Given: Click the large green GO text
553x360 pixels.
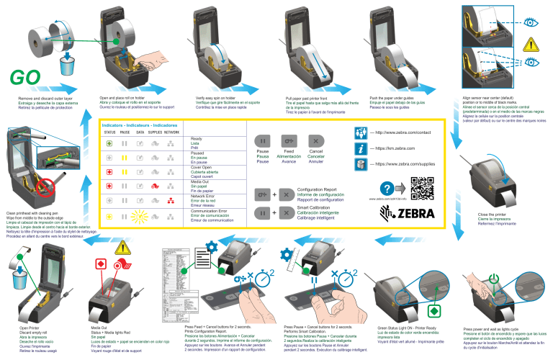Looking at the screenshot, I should click(x=27, y=78).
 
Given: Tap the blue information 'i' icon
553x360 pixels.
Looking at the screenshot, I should click(x=360, y=149).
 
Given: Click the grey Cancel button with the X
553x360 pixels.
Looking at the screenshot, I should click(x=316, y=141).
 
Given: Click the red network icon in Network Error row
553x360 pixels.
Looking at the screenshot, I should click(x=171, y=200).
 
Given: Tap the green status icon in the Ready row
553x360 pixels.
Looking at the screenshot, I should click(x=109, y=143).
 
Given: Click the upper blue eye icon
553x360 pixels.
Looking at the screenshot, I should click(x=531, y=22).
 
